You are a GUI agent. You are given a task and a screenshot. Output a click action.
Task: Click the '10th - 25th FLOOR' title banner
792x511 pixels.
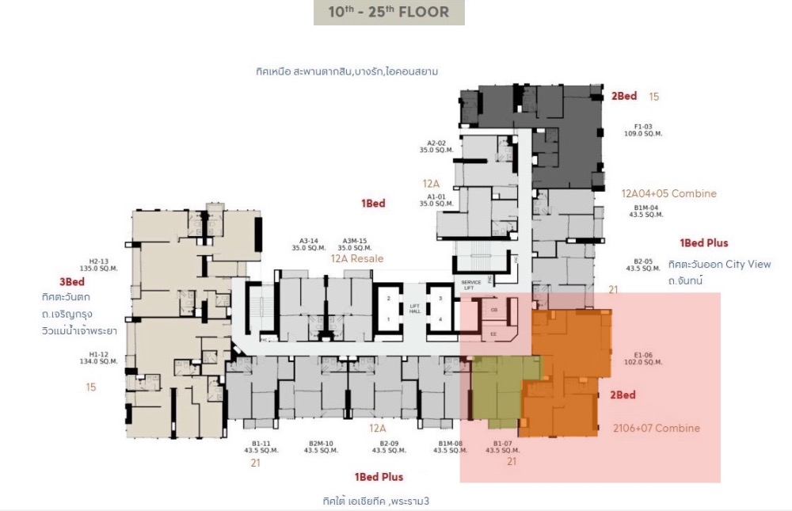click(x=389, y=13)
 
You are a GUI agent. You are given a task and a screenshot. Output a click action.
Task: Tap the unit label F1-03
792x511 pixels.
click(x=642, y=127)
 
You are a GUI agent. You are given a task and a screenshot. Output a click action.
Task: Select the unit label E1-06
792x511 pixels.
click(x=642, y=356)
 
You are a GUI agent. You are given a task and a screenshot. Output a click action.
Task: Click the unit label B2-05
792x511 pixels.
click(x=642, y=261)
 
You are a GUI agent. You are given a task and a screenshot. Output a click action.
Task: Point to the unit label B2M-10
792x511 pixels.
click(x=320, y=443)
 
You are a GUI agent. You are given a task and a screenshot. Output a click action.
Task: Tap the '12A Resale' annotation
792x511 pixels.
click(x=356, y=259)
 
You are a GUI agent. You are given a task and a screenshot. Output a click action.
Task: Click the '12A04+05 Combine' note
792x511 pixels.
click(x=669, y=193)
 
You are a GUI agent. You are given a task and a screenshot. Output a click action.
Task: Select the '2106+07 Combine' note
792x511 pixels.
click(x=657, y=428)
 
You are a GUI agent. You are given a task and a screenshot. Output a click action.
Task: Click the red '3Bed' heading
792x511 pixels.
click(x=71, y=281)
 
